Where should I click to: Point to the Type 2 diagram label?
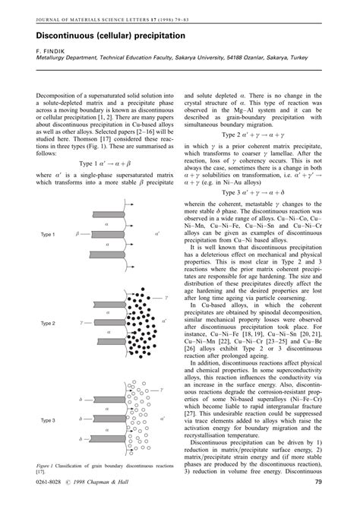(x=49, y=323)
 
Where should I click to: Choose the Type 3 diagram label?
(x=49, y=420)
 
